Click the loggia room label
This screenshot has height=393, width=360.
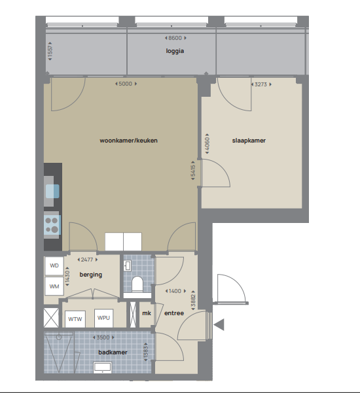pos(175,51)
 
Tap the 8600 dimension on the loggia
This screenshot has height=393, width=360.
pos(175,38)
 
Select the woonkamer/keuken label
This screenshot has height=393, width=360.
pos(128,141)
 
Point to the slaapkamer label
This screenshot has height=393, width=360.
pos(249,141)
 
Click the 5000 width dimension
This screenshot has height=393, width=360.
pos(126,84)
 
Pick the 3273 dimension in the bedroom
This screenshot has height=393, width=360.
pos(261,84)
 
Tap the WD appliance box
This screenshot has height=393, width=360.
pos(54,266)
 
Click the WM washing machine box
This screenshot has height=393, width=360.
pos(54,286)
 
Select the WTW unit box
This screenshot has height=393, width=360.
pos(75,319)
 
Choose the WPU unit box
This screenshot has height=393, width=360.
pos(103,318)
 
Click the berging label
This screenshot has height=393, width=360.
pos(91,275)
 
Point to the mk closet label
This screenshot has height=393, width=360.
pos(147,313)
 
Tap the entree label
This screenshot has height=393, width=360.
pos(174,313)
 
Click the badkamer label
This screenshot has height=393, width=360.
pos(113,352)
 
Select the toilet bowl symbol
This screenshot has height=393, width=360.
pos(137,284)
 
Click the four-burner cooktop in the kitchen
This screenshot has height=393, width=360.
pos(52,225)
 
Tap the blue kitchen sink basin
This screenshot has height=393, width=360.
pos(52,192)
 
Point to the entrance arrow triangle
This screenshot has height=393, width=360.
pos(219,325)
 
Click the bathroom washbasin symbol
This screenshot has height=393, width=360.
pos(102,367)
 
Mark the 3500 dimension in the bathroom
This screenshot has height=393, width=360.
pos(103,337)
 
